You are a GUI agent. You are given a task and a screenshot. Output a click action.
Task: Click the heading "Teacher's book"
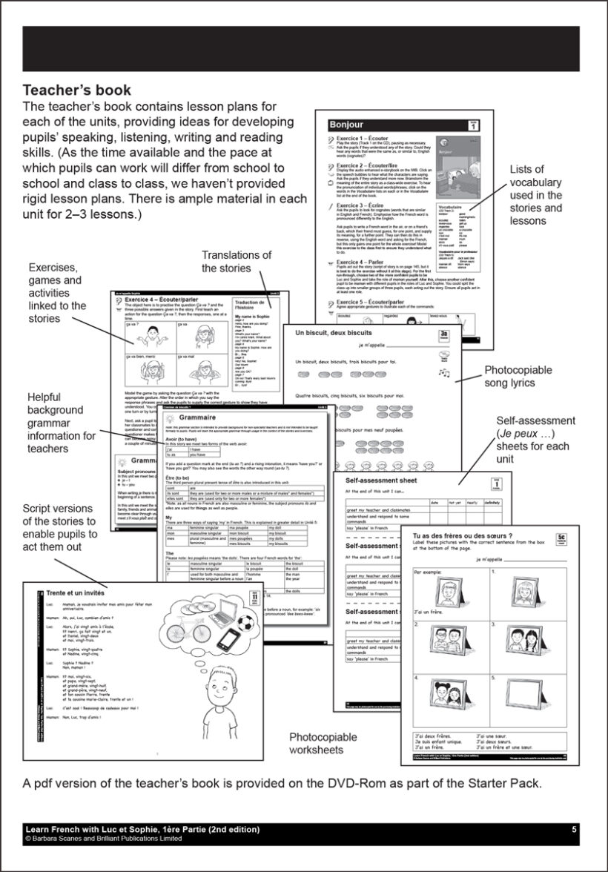coord(77,90)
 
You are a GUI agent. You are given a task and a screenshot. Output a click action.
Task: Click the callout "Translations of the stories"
coord(237,262)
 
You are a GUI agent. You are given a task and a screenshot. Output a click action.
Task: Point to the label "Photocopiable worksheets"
coord(323,743)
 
